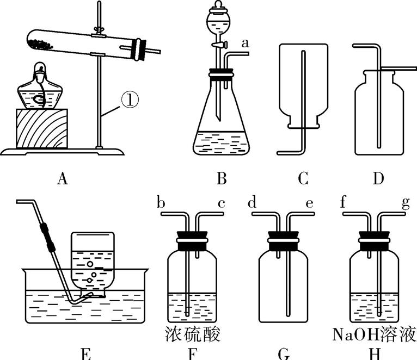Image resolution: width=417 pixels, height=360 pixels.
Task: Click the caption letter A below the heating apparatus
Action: point(62,178)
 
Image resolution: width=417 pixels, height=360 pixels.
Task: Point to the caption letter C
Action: point(303,178)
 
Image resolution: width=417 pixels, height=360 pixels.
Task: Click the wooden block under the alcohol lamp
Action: point(42,128)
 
